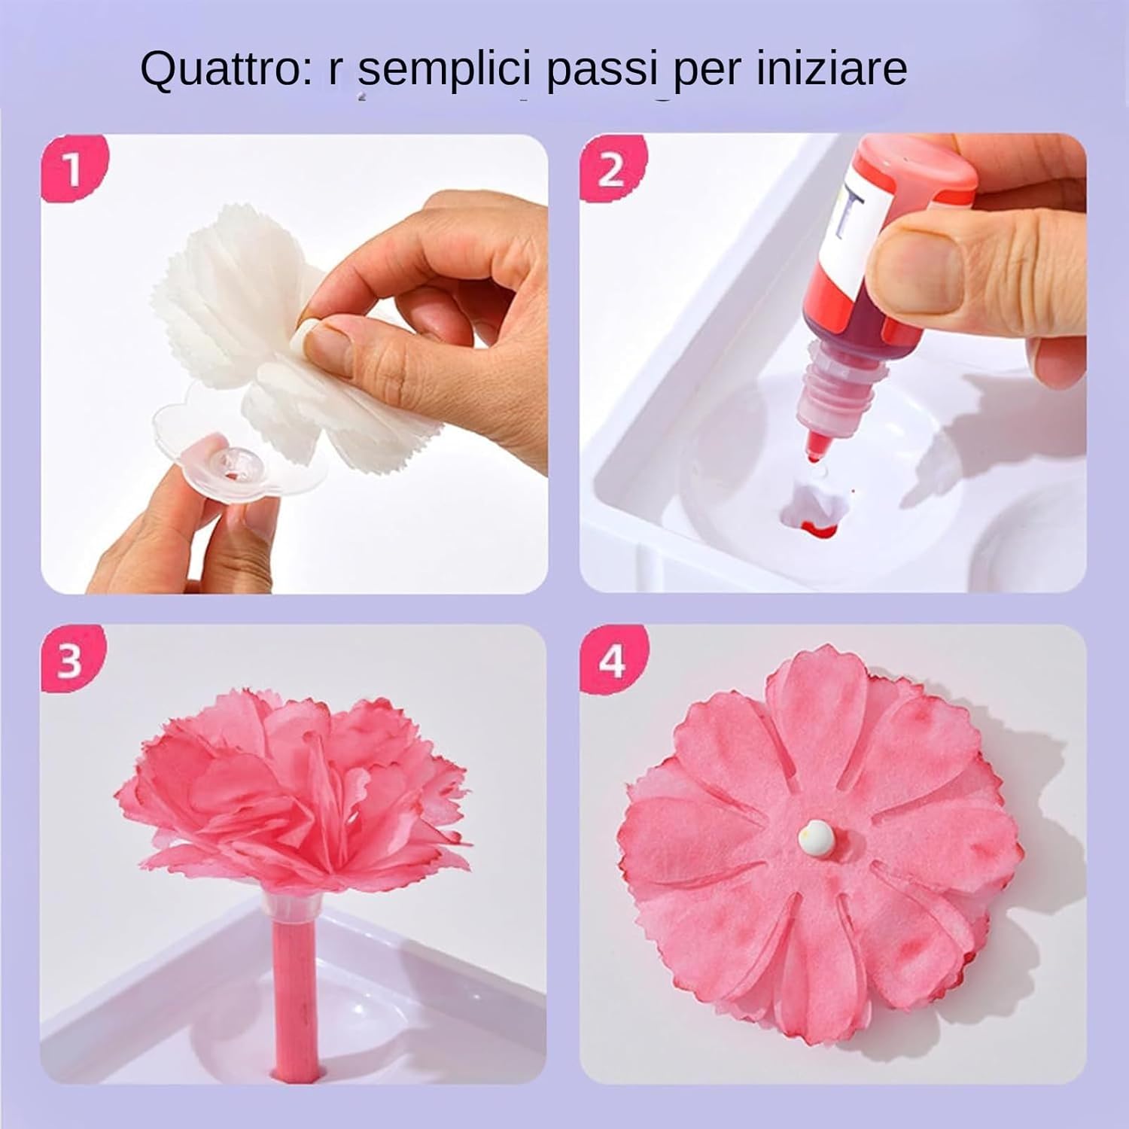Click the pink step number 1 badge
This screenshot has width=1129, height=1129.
coord(73,170)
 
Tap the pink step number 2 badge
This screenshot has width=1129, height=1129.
coord(610,170)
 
